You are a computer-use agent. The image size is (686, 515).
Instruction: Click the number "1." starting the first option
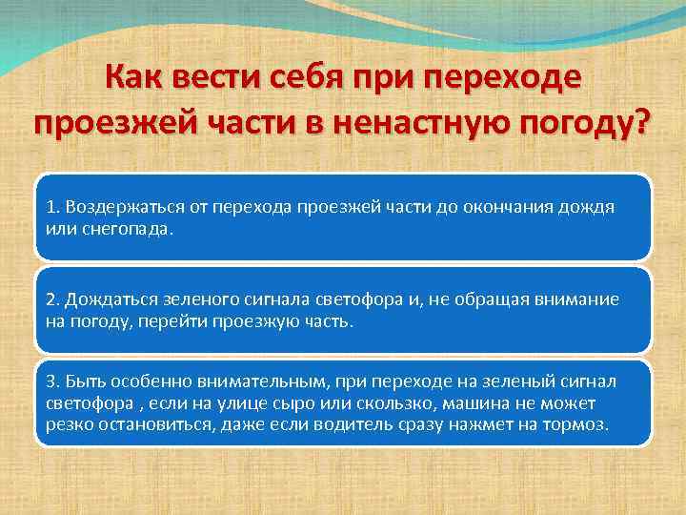point(52,207)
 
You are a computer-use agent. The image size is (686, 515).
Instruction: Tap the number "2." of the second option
point(52,299)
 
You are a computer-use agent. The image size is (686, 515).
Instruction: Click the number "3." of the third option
point(52,381)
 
